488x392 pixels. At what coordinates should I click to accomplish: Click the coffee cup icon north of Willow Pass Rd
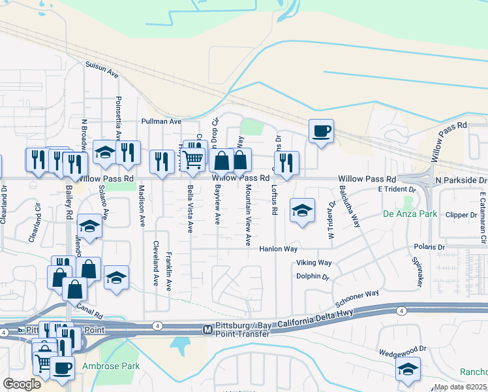click(321, 131)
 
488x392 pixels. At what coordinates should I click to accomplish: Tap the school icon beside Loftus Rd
click(302, 211)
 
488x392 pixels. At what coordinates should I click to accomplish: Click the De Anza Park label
click(409, 214)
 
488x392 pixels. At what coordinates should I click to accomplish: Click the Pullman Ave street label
click(161, 122)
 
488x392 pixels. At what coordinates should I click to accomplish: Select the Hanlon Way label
click(278, 249)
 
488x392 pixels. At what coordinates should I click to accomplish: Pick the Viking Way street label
click(314, 263)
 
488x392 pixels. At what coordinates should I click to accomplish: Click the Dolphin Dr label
click(313, 276)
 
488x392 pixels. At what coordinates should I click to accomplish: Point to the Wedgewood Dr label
click(404, 350)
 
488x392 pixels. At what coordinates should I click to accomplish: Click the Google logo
click(22, 384)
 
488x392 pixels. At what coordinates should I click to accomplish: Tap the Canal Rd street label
click(89, 306)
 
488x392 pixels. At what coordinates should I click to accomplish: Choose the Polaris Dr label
click(429, 248)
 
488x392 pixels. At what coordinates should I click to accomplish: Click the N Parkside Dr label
click(461, 180)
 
